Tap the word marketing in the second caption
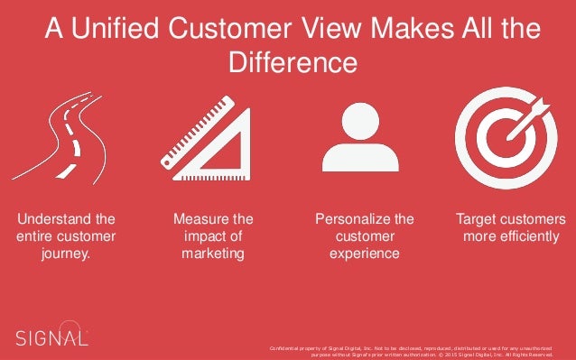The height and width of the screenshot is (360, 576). (212, 254)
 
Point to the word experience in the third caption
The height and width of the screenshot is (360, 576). (365, 254)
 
